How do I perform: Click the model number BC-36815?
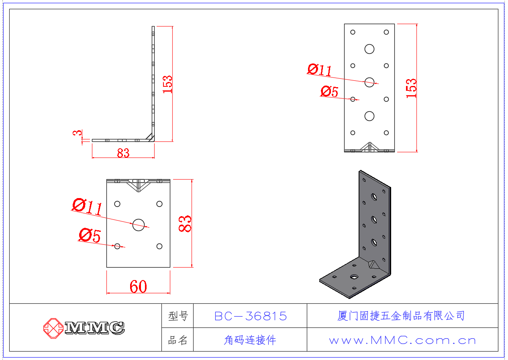251,316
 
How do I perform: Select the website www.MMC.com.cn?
402,341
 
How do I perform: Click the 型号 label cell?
178,316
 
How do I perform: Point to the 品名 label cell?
178,341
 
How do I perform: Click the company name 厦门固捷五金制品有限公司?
401,316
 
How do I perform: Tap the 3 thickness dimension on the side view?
79,133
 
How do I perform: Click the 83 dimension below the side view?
123,153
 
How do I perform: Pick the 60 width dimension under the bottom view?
138,286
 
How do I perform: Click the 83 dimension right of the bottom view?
185,224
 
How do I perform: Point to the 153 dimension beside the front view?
411,88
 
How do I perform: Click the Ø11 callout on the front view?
320,70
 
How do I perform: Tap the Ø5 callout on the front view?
329,92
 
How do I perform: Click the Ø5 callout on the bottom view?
90,235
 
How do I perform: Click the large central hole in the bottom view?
139,225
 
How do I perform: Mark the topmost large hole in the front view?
369,49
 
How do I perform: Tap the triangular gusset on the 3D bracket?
374,265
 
